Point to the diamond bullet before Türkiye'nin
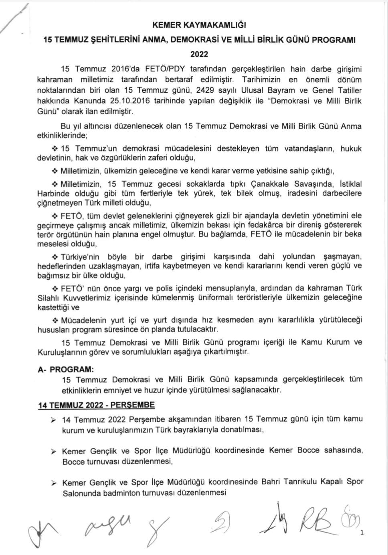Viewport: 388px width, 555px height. pos(55,256)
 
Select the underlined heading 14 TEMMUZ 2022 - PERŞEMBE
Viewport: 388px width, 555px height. pos(96,405)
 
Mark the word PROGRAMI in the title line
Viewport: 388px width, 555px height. pos(337,40)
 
